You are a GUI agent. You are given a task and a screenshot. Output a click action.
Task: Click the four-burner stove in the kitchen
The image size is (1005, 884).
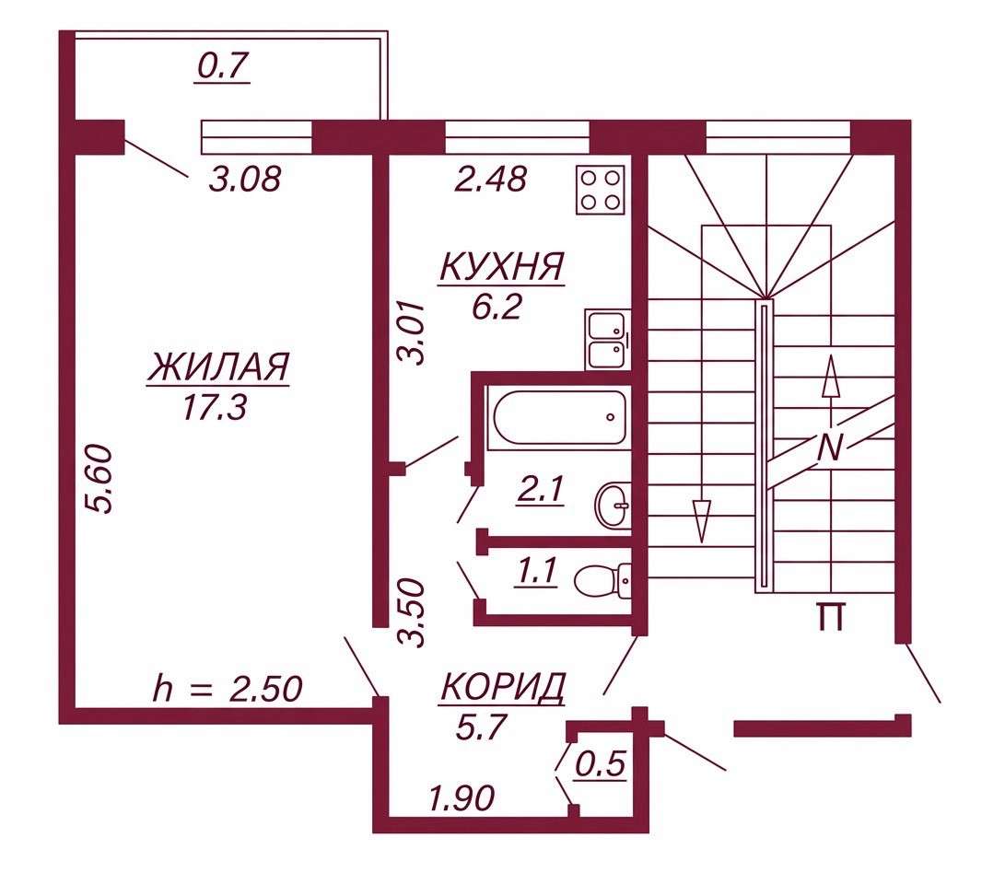[x=601, y=190]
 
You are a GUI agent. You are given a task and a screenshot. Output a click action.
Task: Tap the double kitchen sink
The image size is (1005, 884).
[x=608, y=340]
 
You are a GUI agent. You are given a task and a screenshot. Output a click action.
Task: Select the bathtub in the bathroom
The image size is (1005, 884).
[x=559, y=417]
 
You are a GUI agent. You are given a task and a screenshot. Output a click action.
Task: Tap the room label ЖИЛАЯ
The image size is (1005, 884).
[x=218, y=367]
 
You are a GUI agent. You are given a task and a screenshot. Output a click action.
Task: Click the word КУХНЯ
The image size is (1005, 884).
[x=502, y=267]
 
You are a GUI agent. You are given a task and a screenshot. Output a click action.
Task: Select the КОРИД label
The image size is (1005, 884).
[x=503, y=687]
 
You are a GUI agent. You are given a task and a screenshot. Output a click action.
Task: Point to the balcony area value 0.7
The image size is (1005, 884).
[x=223, y=66]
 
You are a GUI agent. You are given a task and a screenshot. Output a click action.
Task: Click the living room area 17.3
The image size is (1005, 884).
[x=215, y=407]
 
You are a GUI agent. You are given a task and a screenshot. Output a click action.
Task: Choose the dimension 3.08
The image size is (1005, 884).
[x=245, y=179]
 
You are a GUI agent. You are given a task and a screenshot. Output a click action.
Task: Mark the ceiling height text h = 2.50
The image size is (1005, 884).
[x=228, y=690]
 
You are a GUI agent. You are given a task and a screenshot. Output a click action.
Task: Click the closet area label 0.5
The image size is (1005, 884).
[x=601, y=764]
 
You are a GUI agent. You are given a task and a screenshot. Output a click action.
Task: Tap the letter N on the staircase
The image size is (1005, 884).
[x=830, y=448]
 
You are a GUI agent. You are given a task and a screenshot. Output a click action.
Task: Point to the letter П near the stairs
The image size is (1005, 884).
[x=831, y=617]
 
